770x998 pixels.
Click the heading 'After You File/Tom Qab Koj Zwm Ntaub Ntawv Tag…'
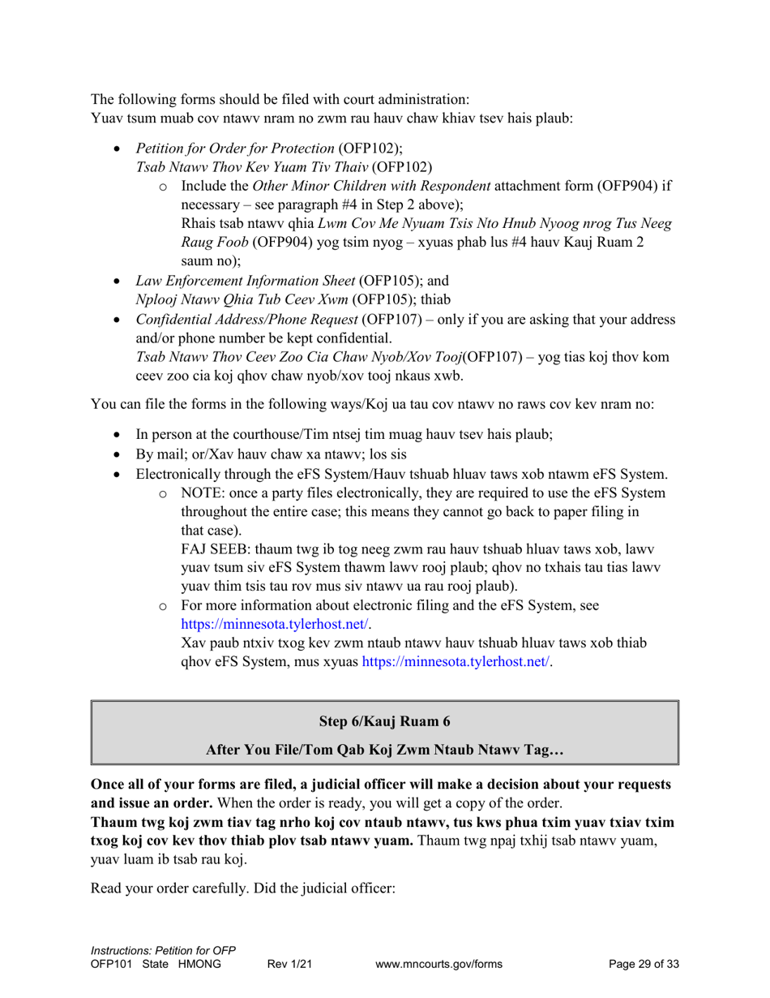(384, 751)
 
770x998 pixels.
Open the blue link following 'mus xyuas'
(458, 662)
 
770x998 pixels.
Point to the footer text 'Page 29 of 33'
(644, 964)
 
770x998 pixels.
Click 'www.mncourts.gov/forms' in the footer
(439, 964)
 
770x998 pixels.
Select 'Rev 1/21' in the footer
(290, 964)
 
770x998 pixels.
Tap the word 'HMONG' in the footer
(199, 964)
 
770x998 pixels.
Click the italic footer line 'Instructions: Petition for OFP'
(169, 950)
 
